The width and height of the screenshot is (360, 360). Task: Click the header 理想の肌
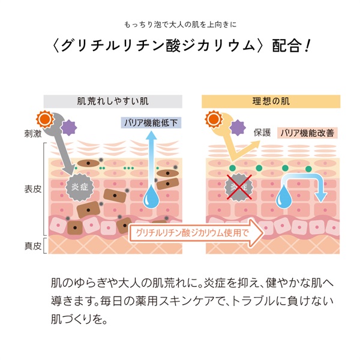click(x=272, y=101)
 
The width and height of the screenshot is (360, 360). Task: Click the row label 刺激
click(x=34, y=134)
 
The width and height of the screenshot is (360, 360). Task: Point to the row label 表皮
click(x=34, y=188)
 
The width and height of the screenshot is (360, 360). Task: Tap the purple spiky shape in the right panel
click(x=238, y=128)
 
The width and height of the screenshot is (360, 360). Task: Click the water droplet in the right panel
click(x=281, y=196)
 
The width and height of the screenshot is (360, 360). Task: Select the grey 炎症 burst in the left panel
click(x=80, y=186)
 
